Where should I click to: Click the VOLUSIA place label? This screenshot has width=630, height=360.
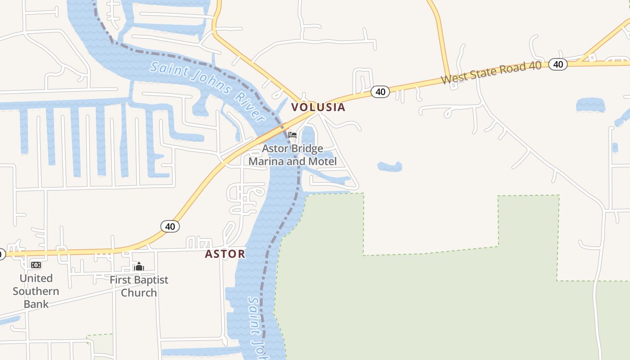pos(318,107)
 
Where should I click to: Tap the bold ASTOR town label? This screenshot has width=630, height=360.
pos(225,254)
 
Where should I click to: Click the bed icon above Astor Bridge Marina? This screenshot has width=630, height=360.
pos(292,135)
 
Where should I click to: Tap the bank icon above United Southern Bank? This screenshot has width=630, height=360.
pos(36,265)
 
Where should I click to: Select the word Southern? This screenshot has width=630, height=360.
pos(36,291)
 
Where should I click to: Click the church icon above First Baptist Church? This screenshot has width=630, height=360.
pos(139,266)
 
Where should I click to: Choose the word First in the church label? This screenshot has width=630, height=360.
pos(121,279)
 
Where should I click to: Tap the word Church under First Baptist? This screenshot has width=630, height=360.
pos(139,292)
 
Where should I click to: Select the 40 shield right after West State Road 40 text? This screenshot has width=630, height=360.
pos(558,64)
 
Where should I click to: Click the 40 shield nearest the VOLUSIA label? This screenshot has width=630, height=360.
pos(380,92)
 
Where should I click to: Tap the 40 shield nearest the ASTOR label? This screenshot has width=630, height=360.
pos(170,226)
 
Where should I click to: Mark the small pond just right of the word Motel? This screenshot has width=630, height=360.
pos(390,167)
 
